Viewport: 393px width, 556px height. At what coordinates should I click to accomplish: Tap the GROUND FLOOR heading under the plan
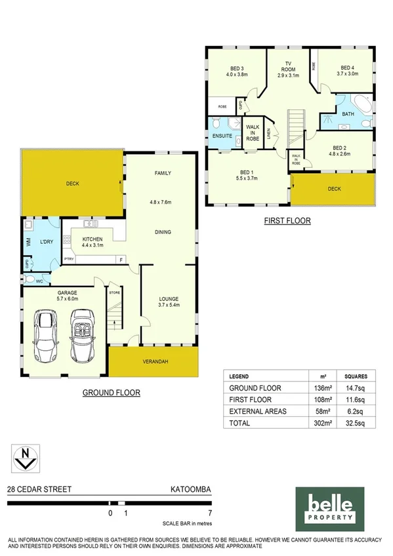coord(111,393)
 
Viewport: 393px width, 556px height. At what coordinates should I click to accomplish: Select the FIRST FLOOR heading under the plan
coord(287,221)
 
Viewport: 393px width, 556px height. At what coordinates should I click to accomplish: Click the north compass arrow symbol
coord(24,458)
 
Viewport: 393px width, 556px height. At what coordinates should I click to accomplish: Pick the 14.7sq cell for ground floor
coord(356,388)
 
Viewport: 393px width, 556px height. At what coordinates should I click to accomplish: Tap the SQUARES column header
coord(356,376)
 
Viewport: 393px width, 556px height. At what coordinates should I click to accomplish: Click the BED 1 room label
coord(246,174)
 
